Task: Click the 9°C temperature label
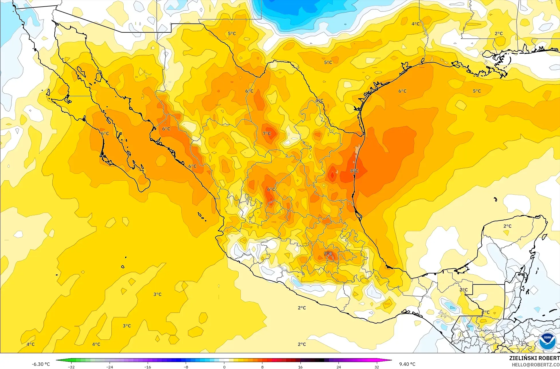[328, 253]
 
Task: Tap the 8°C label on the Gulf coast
[354, 171]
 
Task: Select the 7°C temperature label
[267, 133]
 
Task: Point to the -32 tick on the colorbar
[71, 367]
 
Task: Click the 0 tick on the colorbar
[224, 367]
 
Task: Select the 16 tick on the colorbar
[300, 367]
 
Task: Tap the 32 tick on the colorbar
[377, 367]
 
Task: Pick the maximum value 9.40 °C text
[407, 364]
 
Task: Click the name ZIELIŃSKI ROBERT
[534, 358]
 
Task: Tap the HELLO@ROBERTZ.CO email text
[536, 364]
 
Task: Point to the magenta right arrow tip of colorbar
[391, 360]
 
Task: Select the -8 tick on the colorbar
[186, 367]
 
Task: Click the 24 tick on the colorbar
[339, 367]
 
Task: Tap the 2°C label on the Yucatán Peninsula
[507, 226]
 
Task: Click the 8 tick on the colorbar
[262, 367]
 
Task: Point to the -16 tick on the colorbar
[148, 367]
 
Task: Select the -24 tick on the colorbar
[109, 367]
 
